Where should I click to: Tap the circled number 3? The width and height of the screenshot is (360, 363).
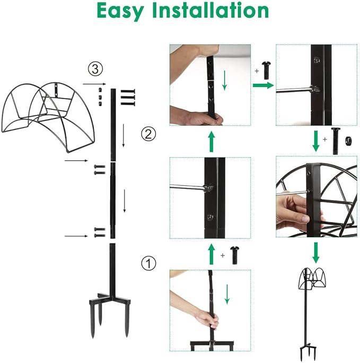pyautogui.click(x=94, y=68)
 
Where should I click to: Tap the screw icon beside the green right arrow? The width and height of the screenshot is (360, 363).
pyautogui.click(x=267, y=68)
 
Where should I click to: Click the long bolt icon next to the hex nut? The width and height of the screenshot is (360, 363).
pyautogui.click(x=335, y=141)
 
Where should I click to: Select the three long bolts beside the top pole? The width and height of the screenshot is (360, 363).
pyautogui.click(x=128, y=98)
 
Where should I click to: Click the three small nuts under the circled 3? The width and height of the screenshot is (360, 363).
pyautogui.click(x=100, y=97)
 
